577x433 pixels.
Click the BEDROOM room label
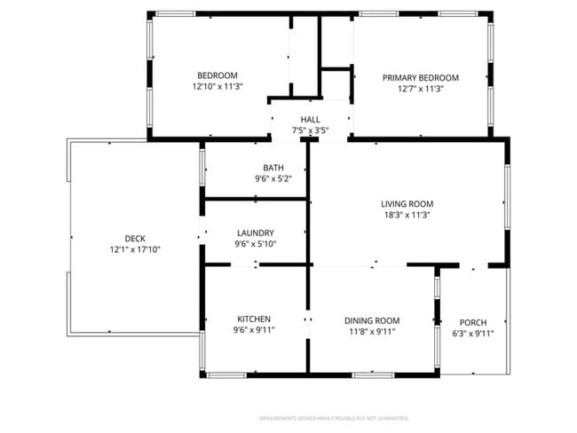tap(217, 75)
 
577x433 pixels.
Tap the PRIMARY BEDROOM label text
tap(420, 78)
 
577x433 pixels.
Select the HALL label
tap(311, 120)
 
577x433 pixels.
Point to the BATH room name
tap(273, 168)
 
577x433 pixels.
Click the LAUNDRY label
tap(255, 232)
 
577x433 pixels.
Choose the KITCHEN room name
tap(254, 319)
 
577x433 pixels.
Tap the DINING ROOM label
tap(372, 320)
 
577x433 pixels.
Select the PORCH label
tap(472, 322)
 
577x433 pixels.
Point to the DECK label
tap(135, 238)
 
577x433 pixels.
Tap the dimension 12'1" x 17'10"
tap(135, 249)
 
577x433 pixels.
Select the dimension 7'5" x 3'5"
tap(311, 131)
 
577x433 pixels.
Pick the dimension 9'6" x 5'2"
tap(273, 179)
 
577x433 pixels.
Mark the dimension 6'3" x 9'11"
tap(472, 334)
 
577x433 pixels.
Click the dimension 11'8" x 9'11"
tap(372, 332)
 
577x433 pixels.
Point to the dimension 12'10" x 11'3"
tap(217, 87)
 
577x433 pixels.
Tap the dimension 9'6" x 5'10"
tap(255, 244)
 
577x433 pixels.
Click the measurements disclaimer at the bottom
tap(333, 417)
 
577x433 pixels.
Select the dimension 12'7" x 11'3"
tap(420, 90)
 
